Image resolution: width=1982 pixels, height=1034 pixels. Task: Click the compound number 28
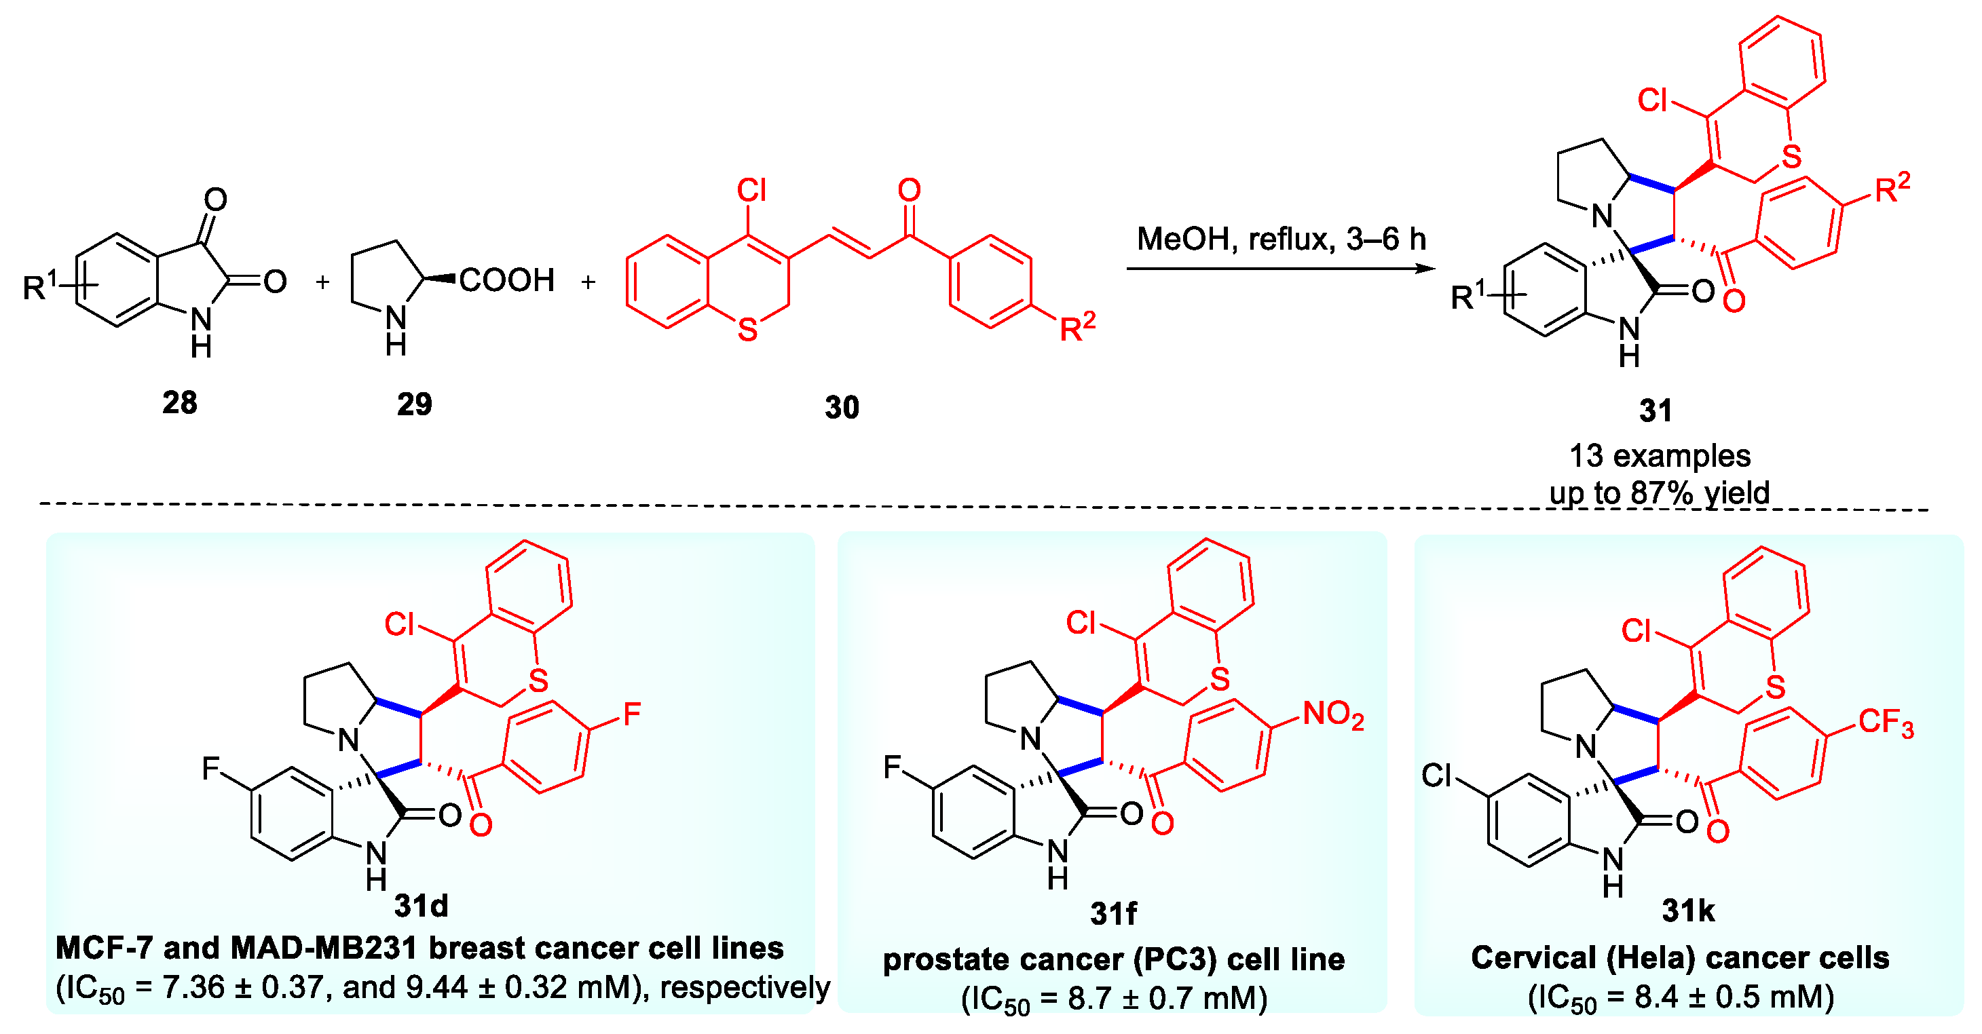tap(179, 402)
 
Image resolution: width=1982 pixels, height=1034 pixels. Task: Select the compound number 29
tap(414, 404)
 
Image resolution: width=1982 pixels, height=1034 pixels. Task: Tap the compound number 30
tap(841, 407)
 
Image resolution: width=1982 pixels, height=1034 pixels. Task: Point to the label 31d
tap(421, 906)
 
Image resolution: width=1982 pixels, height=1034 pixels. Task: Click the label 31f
tap(1112, 913)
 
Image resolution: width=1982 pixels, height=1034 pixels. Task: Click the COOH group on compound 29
tap(506, 280)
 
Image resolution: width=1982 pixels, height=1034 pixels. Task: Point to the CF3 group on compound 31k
tap(1885, 723)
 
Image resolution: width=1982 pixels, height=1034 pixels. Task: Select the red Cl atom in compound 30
tap(751, 190)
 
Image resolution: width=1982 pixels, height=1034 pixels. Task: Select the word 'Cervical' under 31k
tap(1533, 957)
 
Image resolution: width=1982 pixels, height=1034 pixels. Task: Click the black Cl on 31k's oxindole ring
tap(1435, 775)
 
